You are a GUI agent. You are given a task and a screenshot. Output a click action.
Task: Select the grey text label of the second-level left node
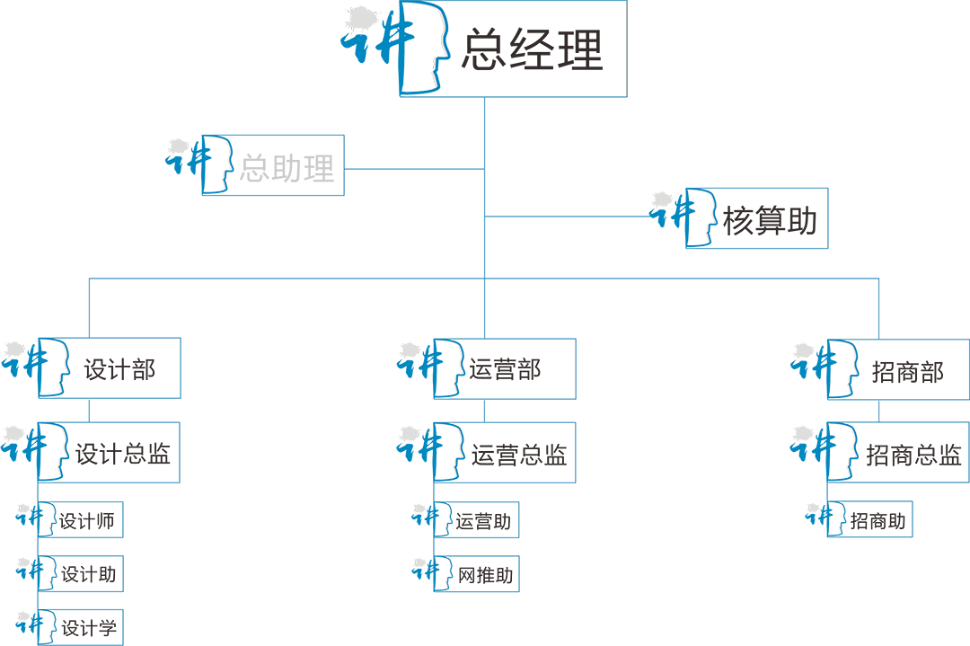(289, 167)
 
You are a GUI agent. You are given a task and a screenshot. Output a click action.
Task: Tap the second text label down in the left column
(125, 450)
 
